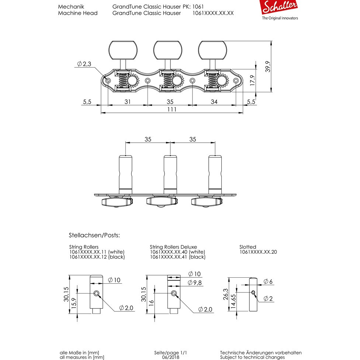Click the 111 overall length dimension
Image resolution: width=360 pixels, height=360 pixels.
pyautogui.click(x=172, y=110)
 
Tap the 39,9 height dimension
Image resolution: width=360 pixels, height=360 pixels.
pyautogui.click(x=268, y=66)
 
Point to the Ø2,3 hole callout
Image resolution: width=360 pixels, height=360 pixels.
pyautogui.click(x=84, y=64)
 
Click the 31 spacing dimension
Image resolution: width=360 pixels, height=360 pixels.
pyautogui.click(x=128, y=101)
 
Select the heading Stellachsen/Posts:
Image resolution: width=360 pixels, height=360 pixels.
pyautogui.click(x=94, y=235)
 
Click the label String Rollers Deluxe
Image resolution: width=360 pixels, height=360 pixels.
pyautogui.click(x=173, y=247)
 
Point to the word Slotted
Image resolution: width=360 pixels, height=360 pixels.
pyautogui.click(x=247, y=247)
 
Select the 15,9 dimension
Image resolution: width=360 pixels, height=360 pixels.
pyautogui.click(x=74, y=303)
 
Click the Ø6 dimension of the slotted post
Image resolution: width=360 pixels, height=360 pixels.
pyautogui.click(x=268, y=281)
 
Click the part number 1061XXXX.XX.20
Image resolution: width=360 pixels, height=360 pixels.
pyautogui.click(x=258, y=252)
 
